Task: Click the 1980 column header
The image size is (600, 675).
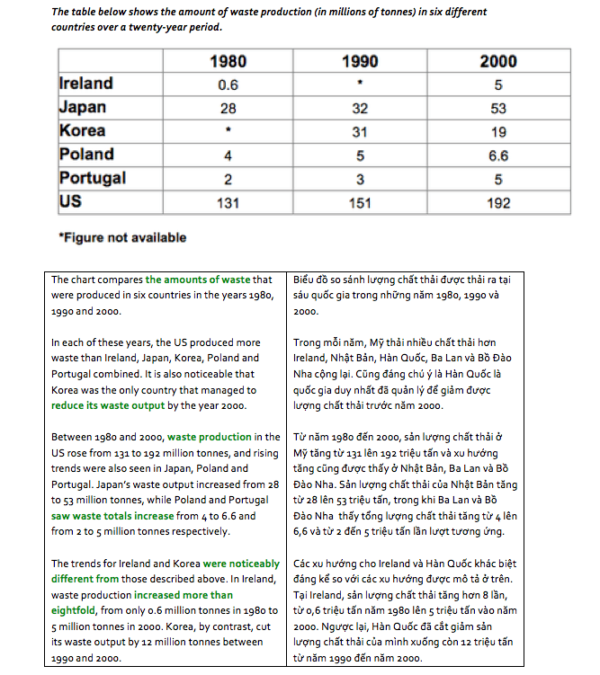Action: pos(228,61)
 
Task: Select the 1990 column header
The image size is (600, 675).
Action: pos(361,61)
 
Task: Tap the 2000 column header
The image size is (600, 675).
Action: pos(497,61)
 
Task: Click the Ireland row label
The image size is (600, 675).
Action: pos(86,84)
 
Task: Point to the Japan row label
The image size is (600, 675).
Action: pos(82,107)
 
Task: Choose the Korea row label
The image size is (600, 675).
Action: pos(82,130)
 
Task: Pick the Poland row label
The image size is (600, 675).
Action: pos(86,154)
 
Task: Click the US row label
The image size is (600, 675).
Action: pos(70,200)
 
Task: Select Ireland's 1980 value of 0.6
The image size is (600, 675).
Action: pos(228,84)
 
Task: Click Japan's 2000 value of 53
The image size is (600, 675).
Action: pos(497,108)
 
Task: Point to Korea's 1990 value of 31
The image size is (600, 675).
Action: pos(361,131)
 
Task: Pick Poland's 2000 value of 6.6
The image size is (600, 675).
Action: pos(497,155)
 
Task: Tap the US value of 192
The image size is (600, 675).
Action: pos(497,201)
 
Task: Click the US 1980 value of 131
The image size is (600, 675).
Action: pos(228,201)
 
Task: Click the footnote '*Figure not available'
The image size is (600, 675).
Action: pos(121,238)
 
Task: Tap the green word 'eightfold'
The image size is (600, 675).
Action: pos(78,609)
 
